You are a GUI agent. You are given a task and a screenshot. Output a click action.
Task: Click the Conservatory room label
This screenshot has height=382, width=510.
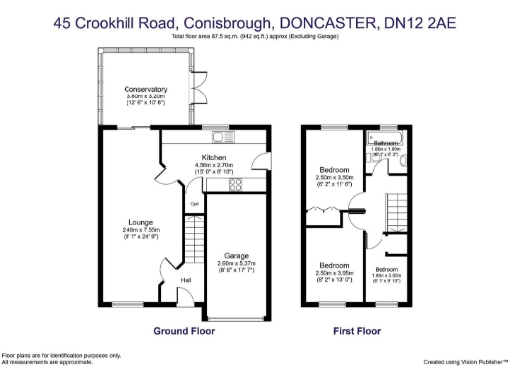[x=145, y=89]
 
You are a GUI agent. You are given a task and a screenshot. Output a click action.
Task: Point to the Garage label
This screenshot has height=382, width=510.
[x=236, y=255]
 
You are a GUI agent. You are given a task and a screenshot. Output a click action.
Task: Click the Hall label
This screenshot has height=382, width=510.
[x=186, y=280]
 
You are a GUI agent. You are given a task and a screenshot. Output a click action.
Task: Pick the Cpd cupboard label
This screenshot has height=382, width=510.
[x=195, y=207]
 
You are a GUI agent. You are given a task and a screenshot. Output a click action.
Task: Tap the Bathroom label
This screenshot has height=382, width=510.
[x=385, y=143]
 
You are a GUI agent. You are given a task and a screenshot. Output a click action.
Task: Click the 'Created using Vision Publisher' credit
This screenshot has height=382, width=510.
[x=464, y=362]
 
